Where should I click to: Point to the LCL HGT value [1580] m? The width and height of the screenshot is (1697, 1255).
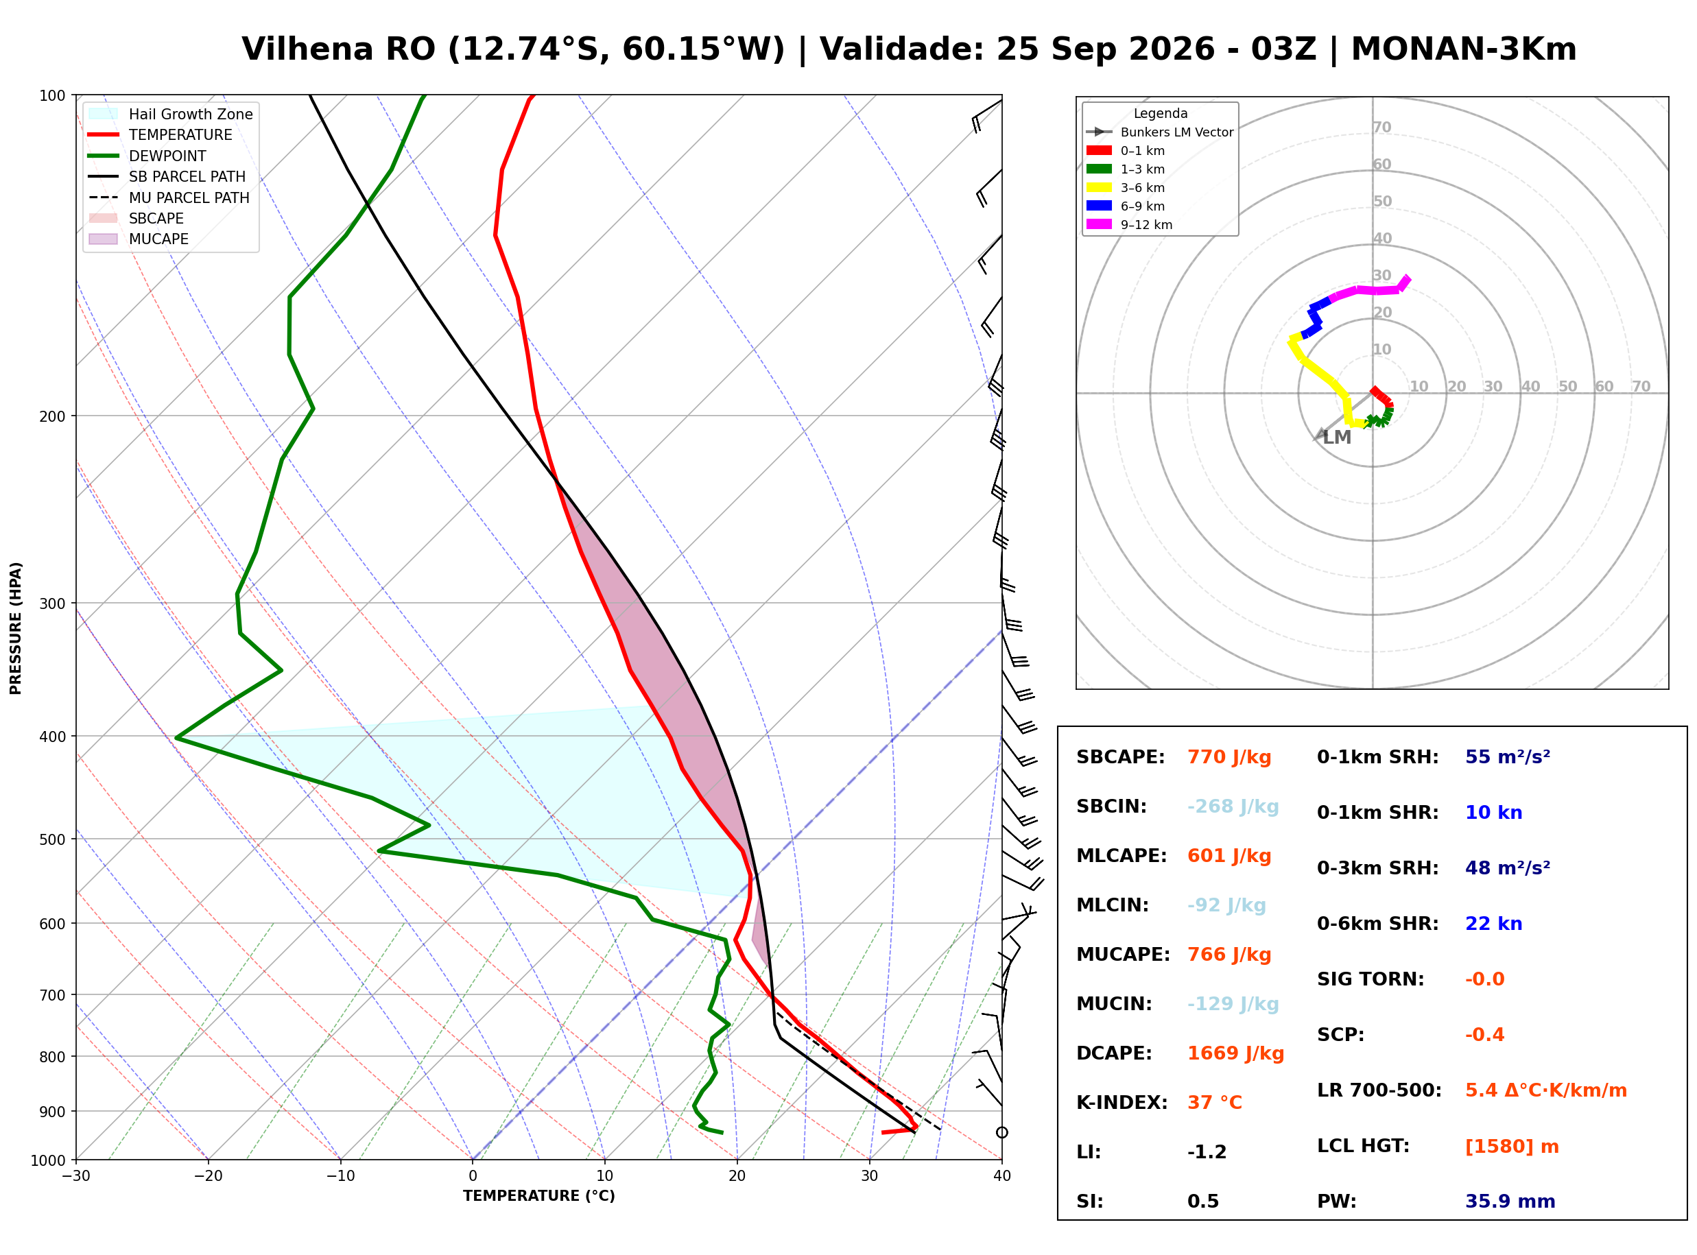click(x=1512, y=1147)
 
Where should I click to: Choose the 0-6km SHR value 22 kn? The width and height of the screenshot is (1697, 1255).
click(x=1493, y=924)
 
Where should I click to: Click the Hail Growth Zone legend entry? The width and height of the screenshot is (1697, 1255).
click(x=171, y=114)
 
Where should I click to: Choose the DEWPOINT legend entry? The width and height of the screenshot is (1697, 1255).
click(x=147, y=156)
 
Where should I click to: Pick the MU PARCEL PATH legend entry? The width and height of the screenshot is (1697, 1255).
click(x=169, y=198)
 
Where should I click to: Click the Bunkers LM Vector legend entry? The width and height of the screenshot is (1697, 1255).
click(x=1160, y=132)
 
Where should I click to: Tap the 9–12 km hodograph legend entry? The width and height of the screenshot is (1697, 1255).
click(x=1130, y=225)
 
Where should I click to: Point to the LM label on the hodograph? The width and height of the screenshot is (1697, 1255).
click(x=1337, y=438)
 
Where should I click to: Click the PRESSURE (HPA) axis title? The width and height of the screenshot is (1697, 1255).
click(x=16, y=628)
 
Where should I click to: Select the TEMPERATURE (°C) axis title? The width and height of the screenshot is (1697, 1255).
click(x=539, y=1197)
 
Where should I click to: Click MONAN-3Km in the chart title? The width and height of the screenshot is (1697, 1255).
click(x=1464, y=49)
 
